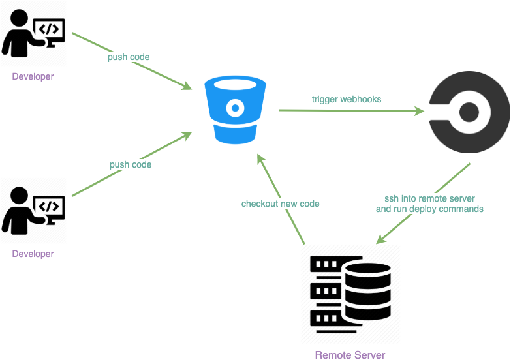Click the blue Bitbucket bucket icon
[235, 109]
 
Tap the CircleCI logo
[469, 112]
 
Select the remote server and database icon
[350, 292]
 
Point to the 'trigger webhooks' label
[346, 99]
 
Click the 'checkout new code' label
[281, 204]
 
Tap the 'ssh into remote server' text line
[429, 198]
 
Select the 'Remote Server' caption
[350, 355]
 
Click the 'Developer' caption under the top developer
[33, 76]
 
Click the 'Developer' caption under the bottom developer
[33, 253]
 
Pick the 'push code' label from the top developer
[129, 57]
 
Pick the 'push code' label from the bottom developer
[131, 164]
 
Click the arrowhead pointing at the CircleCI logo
[420, 111]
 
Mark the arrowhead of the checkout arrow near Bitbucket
[259, 157]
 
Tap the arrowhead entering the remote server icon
[380, 240]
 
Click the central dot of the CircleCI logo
[469, 112]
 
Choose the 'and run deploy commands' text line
[429, 209]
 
